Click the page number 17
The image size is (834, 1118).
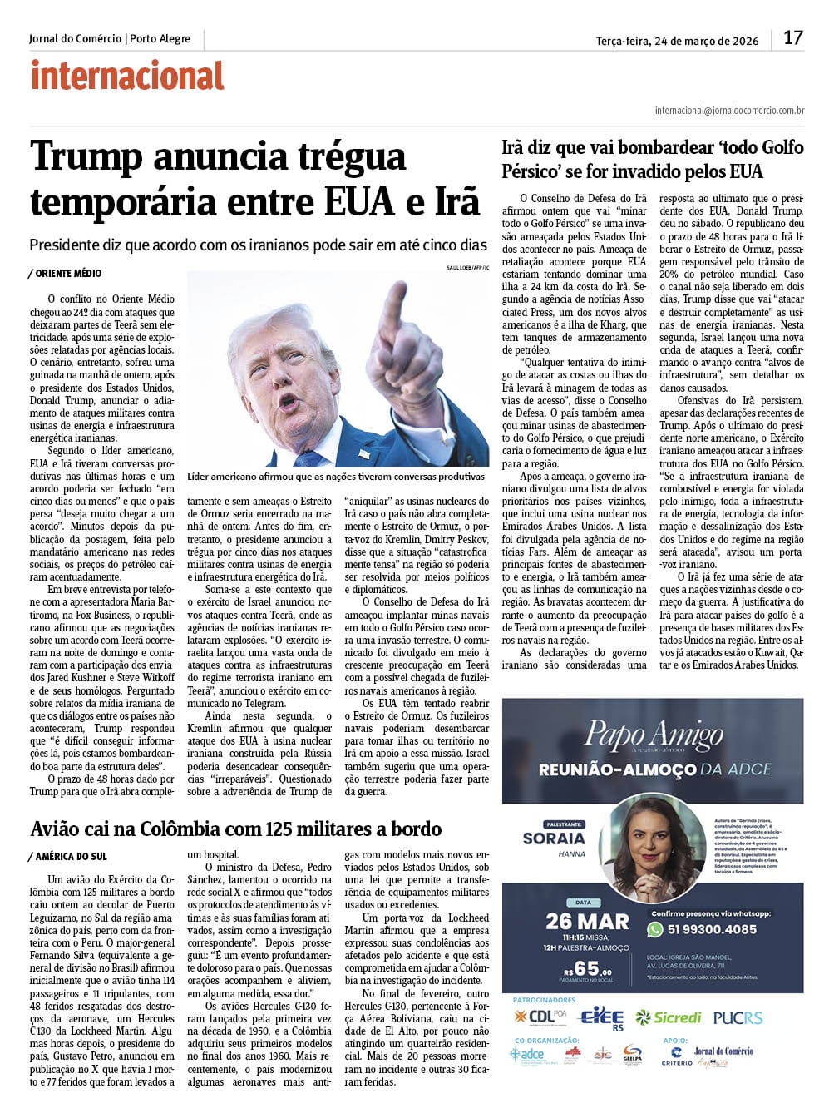point(793,37)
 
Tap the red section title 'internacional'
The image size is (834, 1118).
point(127,76)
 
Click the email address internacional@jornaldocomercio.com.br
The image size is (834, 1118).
point(729,110)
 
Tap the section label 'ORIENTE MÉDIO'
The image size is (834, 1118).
point(68,273)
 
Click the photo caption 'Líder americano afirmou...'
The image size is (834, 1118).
point(336,477)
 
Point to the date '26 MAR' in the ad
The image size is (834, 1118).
point(587,921)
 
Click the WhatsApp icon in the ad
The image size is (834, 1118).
point(655,928)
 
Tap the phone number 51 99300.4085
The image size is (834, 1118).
point(712,929)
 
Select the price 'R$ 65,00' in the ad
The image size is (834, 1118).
point(587,968)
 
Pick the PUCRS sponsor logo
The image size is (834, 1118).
point(738,1017)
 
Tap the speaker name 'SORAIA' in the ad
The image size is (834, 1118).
point(554,838)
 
